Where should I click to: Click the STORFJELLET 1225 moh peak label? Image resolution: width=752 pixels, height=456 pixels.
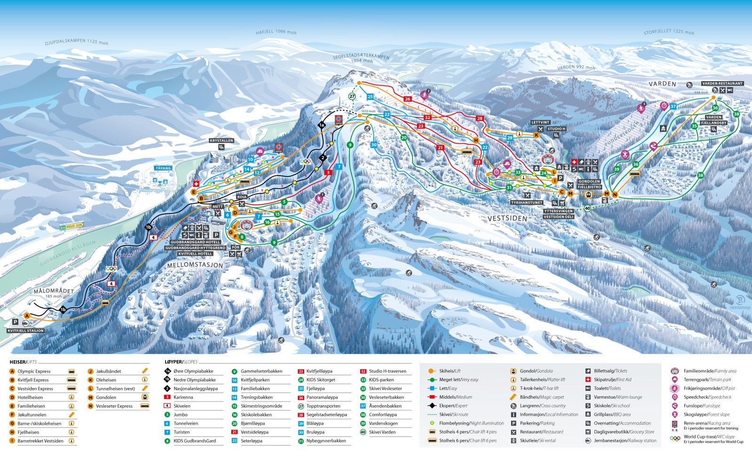point(668,32)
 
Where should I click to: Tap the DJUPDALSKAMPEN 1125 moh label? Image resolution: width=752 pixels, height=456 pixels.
point(76,42)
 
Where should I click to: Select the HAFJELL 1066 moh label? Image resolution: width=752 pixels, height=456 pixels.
point(276,32)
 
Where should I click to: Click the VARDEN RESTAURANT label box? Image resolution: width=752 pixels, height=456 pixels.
point(722,84)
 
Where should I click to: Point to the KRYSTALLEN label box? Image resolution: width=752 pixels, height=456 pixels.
point(221,140)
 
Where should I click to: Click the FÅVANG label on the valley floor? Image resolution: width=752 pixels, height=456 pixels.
point(164,168)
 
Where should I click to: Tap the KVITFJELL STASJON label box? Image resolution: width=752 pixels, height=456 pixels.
point(26,331)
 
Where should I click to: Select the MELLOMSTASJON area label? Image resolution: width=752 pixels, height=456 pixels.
point(195,265)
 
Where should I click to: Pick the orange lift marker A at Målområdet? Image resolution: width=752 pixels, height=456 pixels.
point(27,316)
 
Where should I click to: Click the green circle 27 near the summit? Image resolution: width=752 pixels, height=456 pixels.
point(352,96)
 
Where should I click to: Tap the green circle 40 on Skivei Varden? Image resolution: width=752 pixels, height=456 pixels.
point(587,208)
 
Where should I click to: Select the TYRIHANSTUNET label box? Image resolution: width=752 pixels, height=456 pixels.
point(527,203)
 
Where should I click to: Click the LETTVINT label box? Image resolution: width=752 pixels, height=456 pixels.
point(540,122)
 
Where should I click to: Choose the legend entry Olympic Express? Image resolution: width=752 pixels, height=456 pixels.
point(34,371)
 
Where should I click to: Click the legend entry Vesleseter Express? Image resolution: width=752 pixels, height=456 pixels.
point(114,406)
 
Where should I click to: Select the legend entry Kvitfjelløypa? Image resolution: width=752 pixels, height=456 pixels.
point(319,371)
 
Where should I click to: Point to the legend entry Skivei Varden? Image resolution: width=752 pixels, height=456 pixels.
point(382,432)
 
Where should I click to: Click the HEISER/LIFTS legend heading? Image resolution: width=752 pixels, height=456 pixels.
point(23,362)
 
